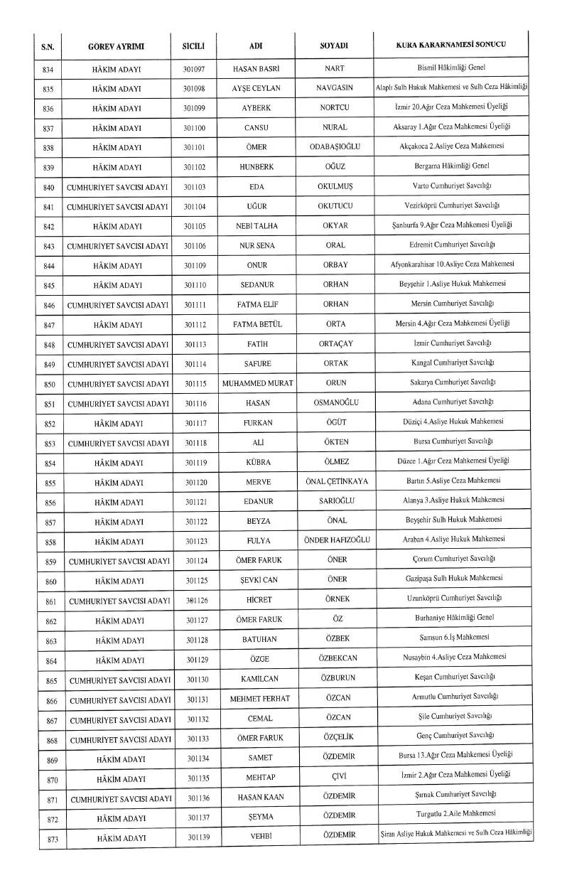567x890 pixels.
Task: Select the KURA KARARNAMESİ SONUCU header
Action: coord(450,45)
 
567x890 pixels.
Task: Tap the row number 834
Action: coord(48,69)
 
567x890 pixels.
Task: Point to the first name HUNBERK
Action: coord(256,167)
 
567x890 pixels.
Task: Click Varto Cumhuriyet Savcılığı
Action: coord(452,186)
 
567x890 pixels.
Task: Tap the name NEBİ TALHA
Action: coord(256,225)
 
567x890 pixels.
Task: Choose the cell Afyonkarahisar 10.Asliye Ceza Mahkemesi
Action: coord(452,264)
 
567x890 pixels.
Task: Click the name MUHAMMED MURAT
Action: coord(256,382)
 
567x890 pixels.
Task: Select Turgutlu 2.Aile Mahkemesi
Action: coord(452,813)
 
